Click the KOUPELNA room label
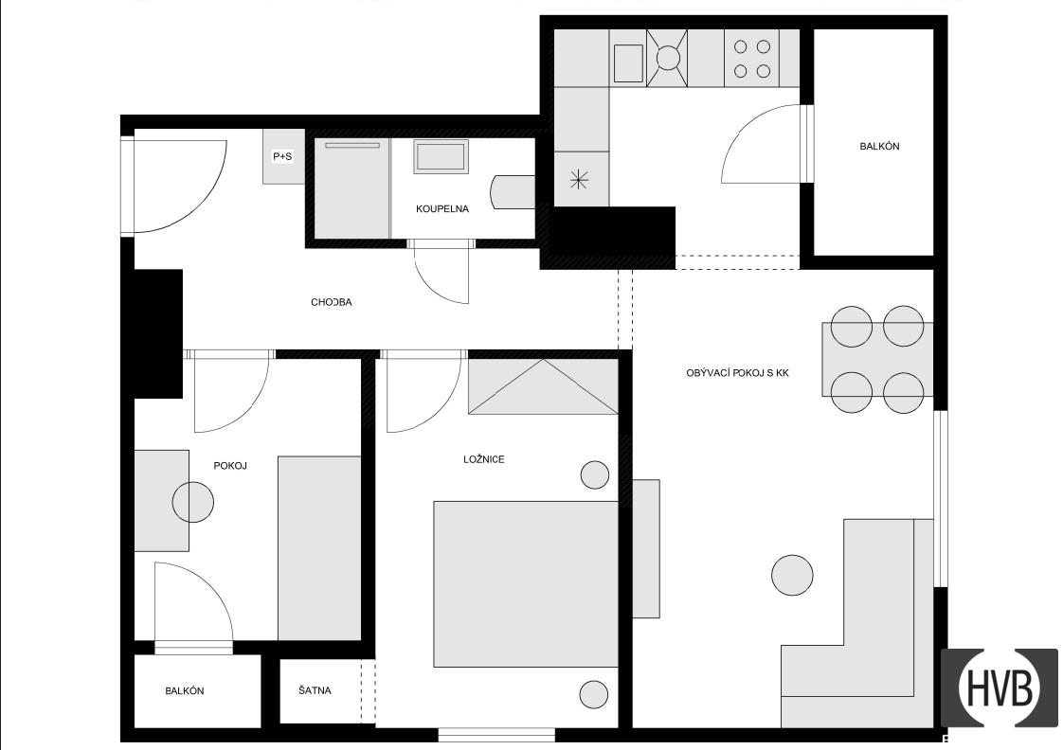coord(442,208)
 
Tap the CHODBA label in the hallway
coord(332,302)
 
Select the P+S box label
coord(282,156)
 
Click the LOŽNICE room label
coord(484,459)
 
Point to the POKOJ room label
coord(230,466)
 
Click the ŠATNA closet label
coord(315,690)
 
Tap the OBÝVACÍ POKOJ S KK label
coord(738,372)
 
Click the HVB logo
coord(1000,687)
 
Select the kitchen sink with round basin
coord(667,59)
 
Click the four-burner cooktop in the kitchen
coord(752,59)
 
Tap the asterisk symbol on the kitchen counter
coord(579,180)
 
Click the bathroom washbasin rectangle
coord(441,156)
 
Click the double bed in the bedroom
coord(526,584)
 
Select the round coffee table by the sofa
coord(792,575)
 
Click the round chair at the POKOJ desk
coord(193,502)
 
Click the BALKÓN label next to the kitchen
coord(879,147)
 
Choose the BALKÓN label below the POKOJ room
coord(185,691)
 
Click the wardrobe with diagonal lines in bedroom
coord(543,386)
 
